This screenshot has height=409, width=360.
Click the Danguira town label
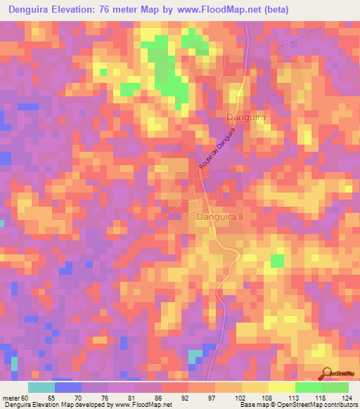coord(245,118)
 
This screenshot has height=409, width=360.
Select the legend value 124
coord(343,397)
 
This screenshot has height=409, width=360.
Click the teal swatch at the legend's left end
coord(41,387)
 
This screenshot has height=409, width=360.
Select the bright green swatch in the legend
coord(308,387)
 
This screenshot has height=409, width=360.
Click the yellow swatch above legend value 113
coord(281,387)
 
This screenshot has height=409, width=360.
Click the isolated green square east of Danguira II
coord(278,261)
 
